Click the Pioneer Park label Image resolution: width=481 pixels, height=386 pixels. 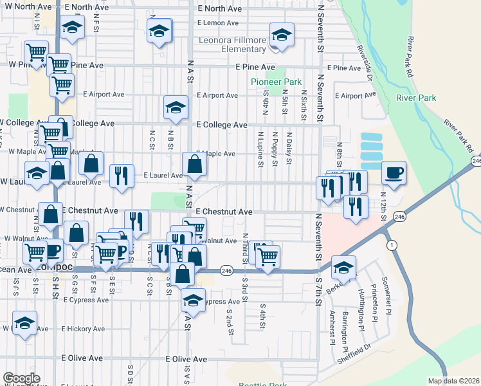[x=276, y=82]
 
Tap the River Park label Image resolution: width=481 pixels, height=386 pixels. [x=416, y=98]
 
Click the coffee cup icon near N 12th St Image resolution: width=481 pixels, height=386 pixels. [x=394, y=172]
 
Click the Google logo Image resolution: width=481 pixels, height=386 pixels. [x=21, y=378]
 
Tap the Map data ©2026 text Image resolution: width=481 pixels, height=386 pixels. [x=454, y=381]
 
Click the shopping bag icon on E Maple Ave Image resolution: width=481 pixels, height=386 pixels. [x=194, y=165]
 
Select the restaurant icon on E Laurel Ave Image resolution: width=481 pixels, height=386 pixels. [x=121, y=175]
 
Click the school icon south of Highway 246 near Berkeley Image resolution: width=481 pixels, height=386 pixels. [x=344, y=267]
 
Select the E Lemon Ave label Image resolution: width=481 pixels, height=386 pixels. [x=217, y=23]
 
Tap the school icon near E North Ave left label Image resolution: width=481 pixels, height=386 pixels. [x=72, y=28]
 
